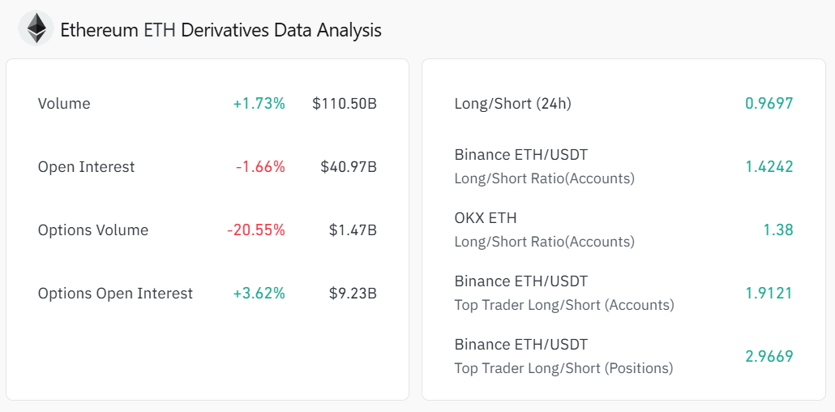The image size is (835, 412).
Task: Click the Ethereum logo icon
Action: point(36,29)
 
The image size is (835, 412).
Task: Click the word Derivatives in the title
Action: point(225,31)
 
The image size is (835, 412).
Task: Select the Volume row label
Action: point(64,104)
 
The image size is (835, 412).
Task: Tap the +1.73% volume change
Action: point(259,104)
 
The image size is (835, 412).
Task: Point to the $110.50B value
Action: point(345,104)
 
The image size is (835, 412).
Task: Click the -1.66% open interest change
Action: point(260,167)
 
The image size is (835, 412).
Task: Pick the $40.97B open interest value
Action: point(349,167)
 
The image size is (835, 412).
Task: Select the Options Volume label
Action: point(93,230)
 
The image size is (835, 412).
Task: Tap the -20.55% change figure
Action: point(256,230)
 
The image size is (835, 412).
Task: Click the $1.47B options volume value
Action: point(353,230)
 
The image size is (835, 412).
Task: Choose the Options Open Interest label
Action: point(115,294)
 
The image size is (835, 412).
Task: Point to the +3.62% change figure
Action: point(259,294)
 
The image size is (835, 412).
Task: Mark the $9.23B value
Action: point(353,294)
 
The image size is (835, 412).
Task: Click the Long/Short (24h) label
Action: point(512,104)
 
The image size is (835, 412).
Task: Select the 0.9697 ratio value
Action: point(769,104)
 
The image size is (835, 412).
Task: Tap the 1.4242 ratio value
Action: point(769,167)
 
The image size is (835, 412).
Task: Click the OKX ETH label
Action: point(486,218)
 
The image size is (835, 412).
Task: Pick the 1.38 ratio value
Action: point(777,230)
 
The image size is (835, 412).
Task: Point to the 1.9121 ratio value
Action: point(769,294)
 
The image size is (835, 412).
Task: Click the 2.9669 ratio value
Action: point(769,357)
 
